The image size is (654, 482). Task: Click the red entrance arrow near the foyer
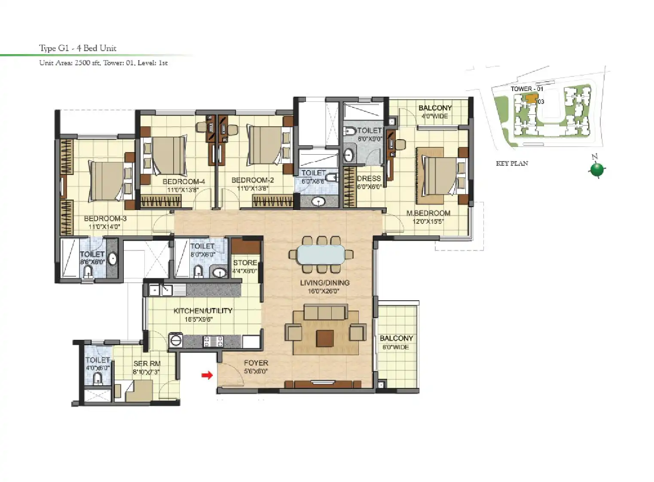207,375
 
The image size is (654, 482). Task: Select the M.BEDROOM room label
428,213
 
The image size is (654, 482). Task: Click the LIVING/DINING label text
325,283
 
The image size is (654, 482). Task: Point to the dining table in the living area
321,254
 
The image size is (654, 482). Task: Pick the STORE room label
245,263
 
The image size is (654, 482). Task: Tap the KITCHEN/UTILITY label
203,311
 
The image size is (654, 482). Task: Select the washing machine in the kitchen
176,340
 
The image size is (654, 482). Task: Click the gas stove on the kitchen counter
213,341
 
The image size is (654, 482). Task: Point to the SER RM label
147,363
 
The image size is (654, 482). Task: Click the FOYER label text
256,363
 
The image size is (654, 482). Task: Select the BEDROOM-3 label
105,218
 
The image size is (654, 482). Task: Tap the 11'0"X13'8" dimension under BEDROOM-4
183,190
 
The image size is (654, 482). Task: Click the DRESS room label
369,178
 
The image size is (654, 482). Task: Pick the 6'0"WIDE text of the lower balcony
396,347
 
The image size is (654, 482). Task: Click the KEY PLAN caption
512,164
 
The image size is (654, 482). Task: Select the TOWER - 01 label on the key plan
527,89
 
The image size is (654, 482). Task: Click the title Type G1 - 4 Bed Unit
78,48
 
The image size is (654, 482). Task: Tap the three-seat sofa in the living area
326,312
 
